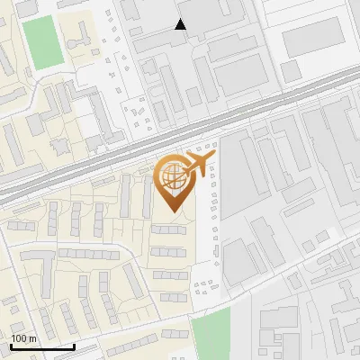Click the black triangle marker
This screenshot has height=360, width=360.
(181, 24)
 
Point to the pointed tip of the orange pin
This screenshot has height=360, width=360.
(173, 211)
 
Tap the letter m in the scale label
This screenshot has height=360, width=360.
(33, 338)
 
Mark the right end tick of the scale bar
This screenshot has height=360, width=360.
(74, 346)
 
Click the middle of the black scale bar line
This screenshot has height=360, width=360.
(41, 347)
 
